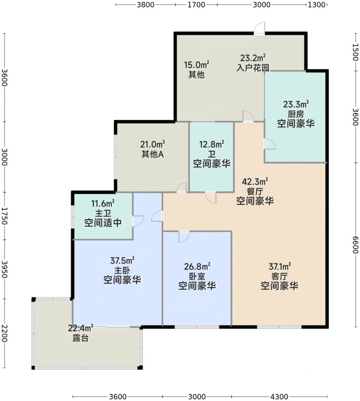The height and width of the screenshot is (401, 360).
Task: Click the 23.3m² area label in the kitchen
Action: click(296, 104)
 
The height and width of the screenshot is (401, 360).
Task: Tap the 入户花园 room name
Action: click(253, 68)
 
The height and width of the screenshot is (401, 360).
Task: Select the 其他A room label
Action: click(153, 154)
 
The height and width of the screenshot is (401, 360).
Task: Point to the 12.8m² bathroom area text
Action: click(212, 144)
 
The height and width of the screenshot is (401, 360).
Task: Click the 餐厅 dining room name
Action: click(255, 191)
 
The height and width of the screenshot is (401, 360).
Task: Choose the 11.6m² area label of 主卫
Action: click(103, 204)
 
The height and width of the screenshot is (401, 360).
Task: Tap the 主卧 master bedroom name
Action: click(122, 270)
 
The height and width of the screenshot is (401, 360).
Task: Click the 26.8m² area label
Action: click(197, 266)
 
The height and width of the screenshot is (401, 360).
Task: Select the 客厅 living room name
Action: click(279, 276)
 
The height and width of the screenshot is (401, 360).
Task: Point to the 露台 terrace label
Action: click(81, 338)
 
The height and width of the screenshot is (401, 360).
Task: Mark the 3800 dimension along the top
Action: click(146, 4)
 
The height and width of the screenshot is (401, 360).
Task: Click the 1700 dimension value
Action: click(196, 4)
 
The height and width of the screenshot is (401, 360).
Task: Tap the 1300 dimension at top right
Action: click(317, 4)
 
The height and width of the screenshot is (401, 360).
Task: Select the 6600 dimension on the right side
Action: click(356, 245)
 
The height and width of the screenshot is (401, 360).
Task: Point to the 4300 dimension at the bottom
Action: click(279, 397)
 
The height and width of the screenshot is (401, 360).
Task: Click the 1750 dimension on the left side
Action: click(4, 216)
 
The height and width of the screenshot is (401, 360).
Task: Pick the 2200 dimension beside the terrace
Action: click(4, 333)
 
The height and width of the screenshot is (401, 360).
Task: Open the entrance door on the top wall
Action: click(259, 28)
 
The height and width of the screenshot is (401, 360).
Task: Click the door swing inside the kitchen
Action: click(270, 144)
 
